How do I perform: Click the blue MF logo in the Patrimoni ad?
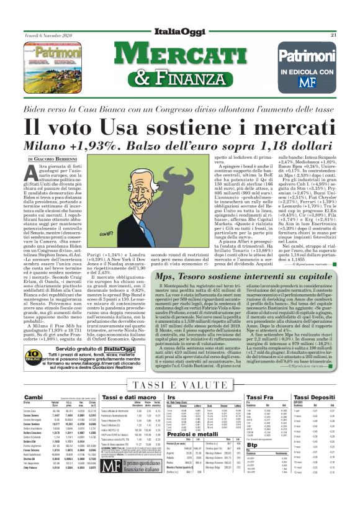coord(317,81)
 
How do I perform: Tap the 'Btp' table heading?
coord(251,462)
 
